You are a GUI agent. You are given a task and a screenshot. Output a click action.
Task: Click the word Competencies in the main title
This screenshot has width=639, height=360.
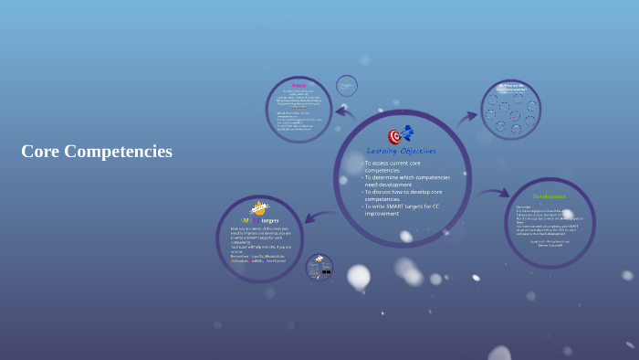118,152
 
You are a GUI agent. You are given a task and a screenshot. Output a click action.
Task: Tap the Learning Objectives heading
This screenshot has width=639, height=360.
401,151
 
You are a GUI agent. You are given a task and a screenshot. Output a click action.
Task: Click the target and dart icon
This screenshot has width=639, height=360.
400,135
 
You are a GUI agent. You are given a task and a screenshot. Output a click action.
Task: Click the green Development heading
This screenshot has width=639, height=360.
549,196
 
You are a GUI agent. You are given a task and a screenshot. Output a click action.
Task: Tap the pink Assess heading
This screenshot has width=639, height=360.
299,86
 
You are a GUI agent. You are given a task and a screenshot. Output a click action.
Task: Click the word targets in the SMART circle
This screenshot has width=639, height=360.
269,220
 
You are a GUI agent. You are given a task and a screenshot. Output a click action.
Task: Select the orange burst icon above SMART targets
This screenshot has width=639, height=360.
259,207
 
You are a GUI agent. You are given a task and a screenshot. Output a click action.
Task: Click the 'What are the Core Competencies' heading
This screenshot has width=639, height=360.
510,88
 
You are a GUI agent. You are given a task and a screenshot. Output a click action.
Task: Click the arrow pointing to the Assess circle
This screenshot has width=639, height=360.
344,112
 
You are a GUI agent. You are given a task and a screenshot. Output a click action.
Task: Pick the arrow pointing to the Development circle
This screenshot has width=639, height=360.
494,193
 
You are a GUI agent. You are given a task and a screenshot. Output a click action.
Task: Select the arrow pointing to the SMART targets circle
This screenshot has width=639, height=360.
316,217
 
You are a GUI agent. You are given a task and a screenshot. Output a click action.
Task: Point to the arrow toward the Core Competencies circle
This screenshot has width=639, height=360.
467,116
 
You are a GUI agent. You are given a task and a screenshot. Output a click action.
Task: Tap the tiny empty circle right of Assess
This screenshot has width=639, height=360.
347,86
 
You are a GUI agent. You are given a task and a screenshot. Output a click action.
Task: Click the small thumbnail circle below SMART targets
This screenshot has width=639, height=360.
319,267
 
